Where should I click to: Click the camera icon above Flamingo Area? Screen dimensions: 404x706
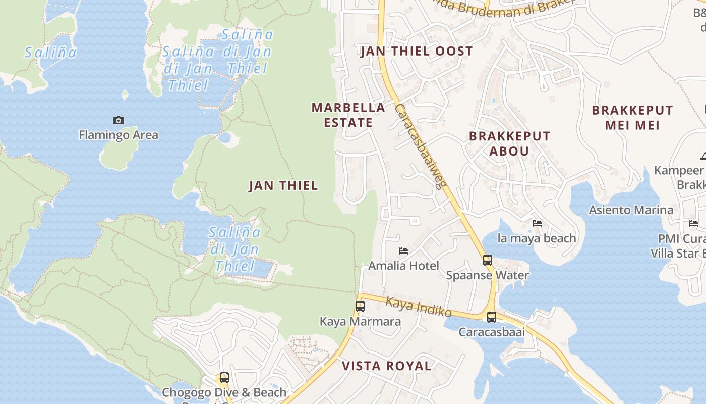coord(119,120)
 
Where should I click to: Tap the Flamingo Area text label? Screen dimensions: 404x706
coord(119,135)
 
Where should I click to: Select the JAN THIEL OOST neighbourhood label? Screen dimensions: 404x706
coord(417,51)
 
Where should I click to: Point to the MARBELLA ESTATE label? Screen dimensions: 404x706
coord(348,115)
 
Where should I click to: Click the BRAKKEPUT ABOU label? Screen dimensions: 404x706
coord(509,143)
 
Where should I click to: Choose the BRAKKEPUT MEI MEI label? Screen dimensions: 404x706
coord(632,117)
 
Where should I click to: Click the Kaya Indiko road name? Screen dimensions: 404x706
coord(419,307)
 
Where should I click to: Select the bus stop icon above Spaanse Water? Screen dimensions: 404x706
coord(488,260)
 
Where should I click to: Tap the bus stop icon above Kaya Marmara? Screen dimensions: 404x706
coord(360,306)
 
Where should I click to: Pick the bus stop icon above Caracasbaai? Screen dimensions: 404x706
coord(492,317)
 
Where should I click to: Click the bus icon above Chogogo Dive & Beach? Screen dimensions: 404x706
coord(224,378)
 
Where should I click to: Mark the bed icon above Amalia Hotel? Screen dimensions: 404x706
coord(403,250)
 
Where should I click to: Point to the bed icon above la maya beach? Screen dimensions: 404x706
coord(537,223)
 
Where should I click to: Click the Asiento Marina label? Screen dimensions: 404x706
coord(631,210)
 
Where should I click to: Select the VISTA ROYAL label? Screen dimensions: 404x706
coord(386,366)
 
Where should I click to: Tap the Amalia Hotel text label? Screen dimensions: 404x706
coord(403,266)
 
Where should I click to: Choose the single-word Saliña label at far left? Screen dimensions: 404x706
coord(50,52)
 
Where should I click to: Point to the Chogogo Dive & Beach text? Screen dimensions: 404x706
coord(224,392)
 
